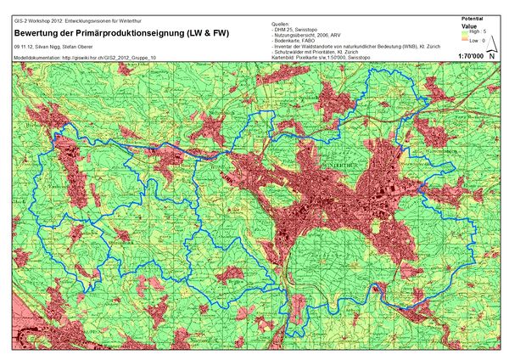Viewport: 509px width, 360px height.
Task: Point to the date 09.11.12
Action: tap(23, 46)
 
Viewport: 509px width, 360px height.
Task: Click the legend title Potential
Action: tap(472, 18)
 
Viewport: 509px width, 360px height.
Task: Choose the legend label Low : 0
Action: tap(478, 39)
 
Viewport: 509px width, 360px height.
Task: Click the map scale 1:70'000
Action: tap(470, 56)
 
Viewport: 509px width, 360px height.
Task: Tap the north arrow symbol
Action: tap(492, 55)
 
